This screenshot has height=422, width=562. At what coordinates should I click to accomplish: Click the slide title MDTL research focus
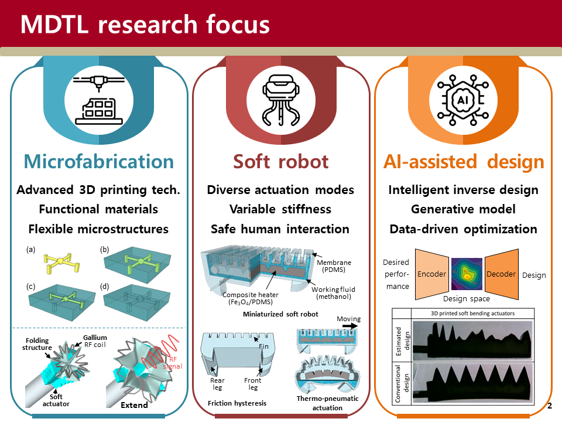click(x=145, y=25)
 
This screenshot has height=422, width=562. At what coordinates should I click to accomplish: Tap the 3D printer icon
click(x=99, y=100)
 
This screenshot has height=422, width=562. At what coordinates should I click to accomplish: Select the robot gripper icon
click(x=281, y=100)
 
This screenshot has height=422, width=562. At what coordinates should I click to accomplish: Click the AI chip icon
click(x=463, y=100)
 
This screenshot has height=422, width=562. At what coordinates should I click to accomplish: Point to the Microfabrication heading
click(x=99, y=162)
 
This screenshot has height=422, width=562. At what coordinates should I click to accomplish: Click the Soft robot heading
click(x=280, y=162)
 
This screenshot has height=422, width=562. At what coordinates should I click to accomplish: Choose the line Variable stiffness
click(x=280, y=209)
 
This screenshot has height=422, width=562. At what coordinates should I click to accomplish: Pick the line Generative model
click(x=463, y=209)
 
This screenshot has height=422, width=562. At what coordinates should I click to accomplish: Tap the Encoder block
click(x=432, y=274)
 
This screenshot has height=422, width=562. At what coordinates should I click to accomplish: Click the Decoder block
click(x=502, y=274)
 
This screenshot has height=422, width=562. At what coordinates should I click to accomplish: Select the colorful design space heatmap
click(x=467, y=274)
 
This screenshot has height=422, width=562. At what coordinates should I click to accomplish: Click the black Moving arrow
click(x=350, y=326)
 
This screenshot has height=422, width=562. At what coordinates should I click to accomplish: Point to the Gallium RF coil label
click(x=95, y=341)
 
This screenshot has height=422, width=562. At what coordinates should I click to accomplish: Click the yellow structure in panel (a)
click(x=62, y=263)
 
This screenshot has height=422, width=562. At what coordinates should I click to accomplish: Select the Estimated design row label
click(x=402, y=341)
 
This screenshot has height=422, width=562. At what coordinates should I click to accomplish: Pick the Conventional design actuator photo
click(x=472, y=383)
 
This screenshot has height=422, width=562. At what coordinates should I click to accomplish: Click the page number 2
click(x=550, y=406)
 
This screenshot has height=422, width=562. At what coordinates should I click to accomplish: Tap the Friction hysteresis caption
click(x=237, y=403)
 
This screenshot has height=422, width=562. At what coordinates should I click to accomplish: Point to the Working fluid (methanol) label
click(x=333, y=293)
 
